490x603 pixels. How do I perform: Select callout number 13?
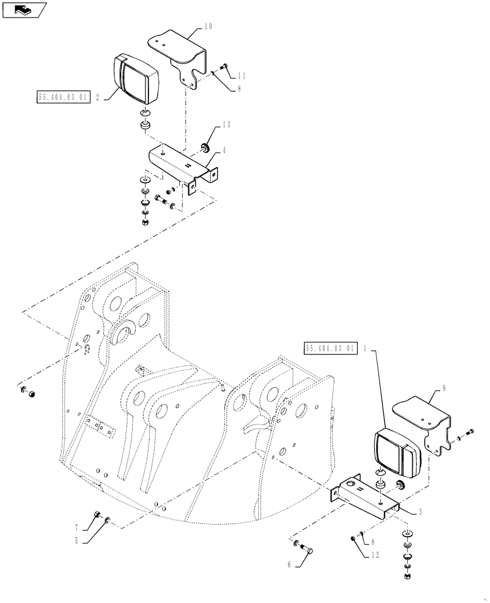[226, 125]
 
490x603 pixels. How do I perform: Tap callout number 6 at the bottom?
[290, 565]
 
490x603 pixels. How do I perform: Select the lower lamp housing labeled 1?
[395, 450]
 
